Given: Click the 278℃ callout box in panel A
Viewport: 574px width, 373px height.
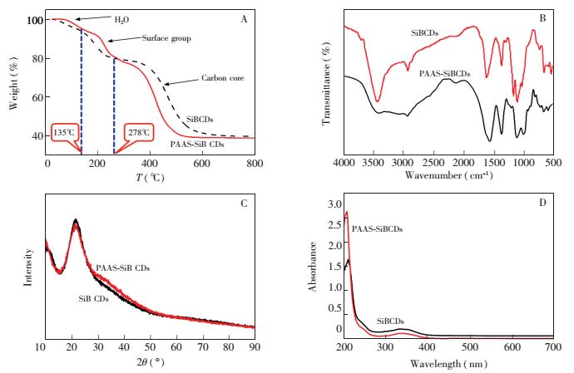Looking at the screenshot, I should click(x=137, y=131).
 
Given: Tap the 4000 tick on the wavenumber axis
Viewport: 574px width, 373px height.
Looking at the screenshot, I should click(x=344, y=164).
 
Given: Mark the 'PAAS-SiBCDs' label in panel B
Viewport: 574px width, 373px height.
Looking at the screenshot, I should click(x=444, y=74).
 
